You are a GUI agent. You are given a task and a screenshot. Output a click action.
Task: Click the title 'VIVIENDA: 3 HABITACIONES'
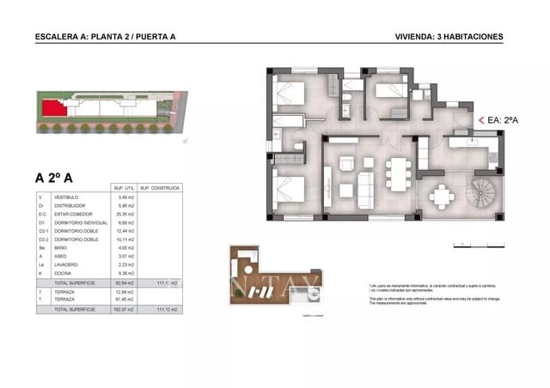click(x=449, y=37)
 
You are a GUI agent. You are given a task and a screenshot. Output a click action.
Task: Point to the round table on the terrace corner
click(x=443, y=197)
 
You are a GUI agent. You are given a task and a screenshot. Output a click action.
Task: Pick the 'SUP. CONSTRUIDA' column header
click(x=157, y=187)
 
